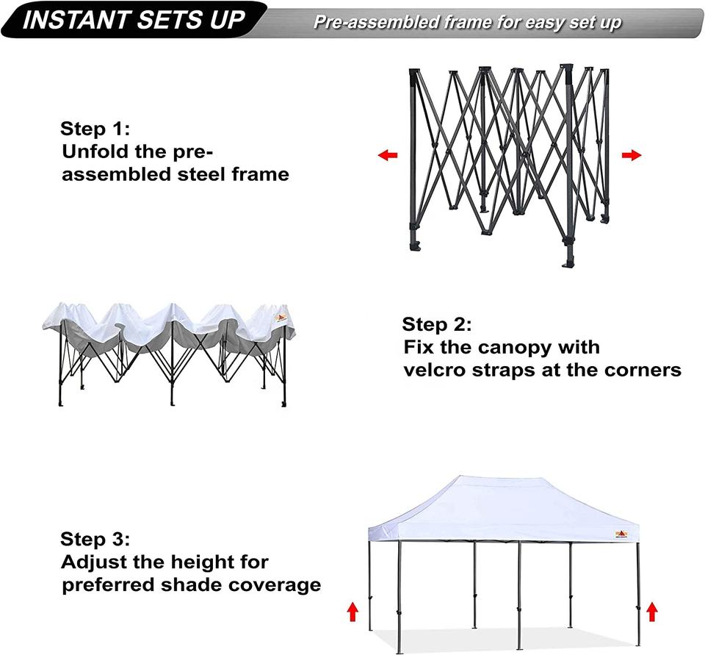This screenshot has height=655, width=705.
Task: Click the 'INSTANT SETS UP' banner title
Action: pyautogui.click(x=134, y=20)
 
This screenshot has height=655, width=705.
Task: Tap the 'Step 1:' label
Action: pyautogui.click(x=95, y=129)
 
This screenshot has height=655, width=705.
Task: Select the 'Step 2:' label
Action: pyautogui.click(x=437, y=324)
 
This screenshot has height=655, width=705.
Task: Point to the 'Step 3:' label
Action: pyautogui.click(x=95, y=539)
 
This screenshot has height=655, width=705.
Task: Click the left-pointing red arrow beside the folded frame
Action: pyautogui.click(x=388, y=155)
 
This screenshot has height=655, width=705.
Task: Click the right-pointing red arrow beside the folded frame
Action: pyautogui.click(x=632, y=155)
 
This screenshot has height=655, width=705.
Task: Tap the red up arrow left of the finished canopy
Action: pyautogui.click(x=353, y=612)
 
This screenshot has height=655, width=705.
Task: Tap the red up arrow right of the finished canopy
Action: pyautogui.click(x=652, y=612)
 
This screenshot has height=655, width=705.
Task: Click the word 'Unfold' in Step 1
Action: pyautogui.click(x=95, y=151)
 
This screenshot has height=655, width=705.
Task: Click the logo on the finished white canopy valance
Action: pyautogui.click(x=621, y=534)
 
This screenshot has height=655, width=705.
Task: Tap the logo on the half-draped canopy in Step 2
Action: pyautogui.click(x=281, y=318)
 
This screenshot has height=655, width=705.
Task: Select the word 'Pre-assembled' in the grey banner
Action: pyautogui.click(x=377, y=22)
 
